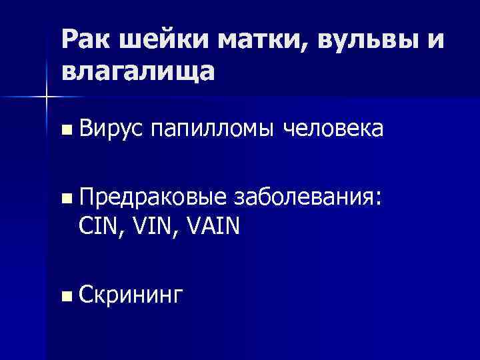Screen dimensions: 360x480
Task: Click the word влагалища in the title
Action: pos(138,71)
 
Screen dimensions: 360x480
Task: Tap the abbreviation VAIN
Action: pos(217,227)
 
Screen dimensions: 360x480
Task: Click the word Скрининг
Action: pos(129,295)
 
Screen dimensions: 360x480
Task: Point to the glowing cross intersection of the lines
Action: pos(46,98)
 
